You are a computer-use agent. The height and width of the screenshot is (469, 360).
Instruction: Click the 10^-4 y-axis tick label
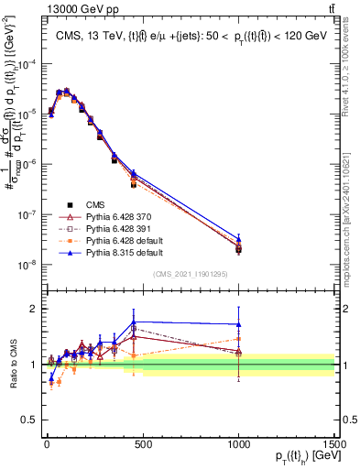click(25, 64)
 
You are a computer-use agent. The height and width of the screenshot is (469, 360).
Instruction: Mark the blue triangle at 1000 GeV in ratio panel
click(238, 324)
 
